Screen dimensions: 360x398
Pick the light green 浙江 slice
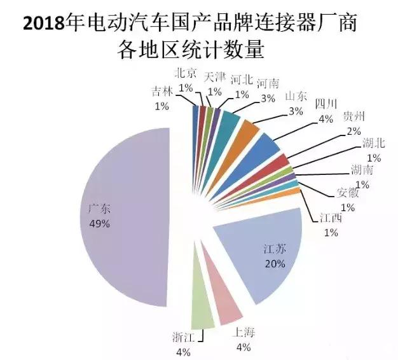click(203, 305)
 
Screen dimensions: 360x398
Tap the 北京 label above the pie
click(186, 73)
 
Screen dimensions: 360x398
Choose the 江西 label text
click(330, 218)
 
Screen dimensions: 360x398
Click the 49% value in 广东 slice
click(100, 224)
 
